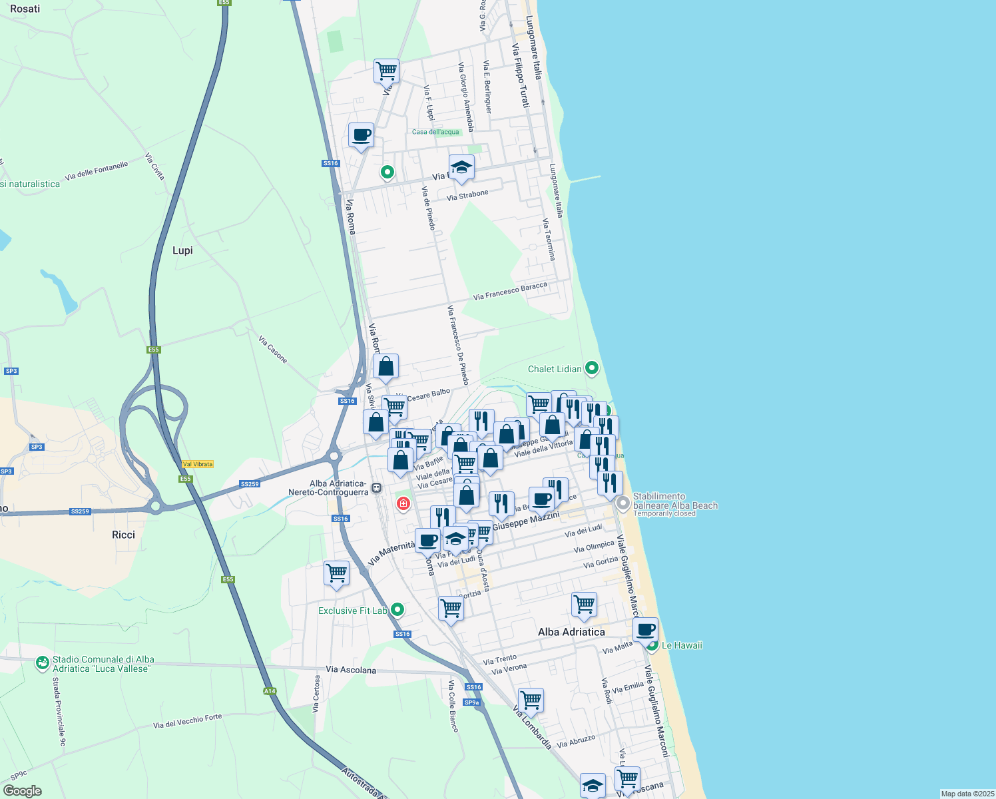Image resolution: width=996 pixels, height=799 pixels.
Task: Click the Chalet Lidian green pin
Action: pyautogui.click(x=591, y=368)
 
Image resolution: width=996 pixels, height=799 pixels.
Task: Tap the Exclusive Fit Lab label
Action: pyautogui.click(x=352, y=611)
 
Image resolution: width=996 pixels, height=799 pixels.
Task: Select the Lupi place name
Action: pyautogui.click(x=182, y=250)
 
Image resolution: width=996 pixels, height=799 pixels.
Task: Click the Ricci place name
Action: pyautogui.click(x=123, y=535)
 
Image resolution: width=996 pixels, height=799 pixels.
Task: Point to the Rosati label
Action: pyautogui.click(x=25, y=9)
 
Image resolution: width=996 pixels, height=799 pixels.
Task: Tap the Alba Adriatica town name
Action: pyautogui.click(x=571, y=632)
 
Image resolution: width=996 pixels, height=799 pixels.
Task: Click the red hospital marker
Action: pyautogui.click(x=403, y=503)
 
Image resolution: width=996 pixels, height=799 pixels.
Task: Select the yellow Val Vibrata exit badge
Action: pyautogui.click(x=198, y=464)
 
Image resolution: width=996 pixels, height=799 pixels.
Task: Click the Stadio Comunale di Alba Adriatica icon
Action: pyautogui.click(x=43, y=663)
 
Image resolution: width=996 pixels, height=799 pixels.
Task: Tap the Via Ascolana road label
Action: pyautogui.click(x=351, y=670)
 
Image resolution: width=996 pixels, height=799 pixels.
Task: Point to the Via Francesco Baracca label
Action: pyautogui.click(x=510, y=291)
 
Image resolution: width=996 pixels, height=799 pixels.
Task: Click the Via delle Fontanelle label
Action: pyautogui.click(x=96, y=171)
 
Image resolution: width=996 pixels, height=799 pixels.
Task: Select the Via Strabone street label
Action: pyautogui.click(x=467, y=195)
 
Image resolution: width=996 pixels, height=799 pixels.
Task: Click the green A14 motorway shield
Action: pyautogui.click(x=270, y=691)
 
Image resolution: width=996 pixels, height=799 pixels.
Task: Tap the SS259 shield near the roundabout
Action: pyautogui.click(x=249, y=484)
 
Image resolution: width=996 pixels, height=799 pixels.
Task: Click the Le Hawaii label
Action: pyautogui.click(x=682, y=645)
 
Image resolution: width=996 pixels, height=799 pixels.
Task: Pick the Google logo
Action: pyautogui.click(x=22, y=791)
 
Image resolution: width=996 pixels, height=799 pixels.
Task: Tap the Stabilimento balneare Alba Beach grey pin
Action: pyautogui.click(x=622, y=503)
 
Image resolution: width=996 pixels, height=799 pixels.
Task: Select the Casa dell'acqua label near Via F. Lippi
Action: pyautogui.click(x=435, y=132)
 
